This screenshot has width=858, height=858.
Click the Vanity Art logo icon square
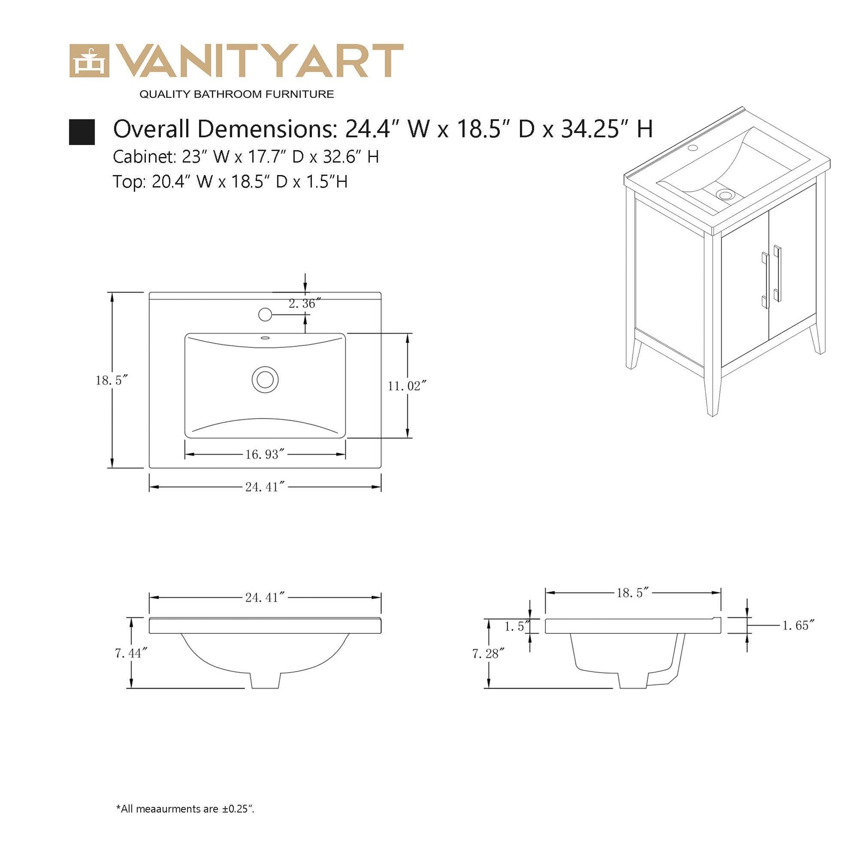coord(89,61)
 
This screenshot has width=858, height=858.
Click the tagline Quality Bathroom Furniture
coord(237,94)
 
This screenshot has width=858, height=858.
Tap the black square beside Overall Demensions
coord(82,132)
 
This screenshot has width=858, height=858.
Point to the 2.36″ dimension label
coord(304,303)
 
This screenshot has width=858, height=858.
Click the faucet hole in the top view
coord(264,314)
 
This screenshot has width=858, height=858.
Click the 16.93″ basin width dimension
coord(264,454)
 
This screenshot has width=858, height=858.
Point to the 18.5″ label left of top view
coord(112,380)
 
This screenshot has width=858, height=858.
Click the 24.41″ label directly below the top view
coord(264,487)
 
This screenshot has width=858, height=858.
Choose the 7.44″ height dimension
coord(131,653)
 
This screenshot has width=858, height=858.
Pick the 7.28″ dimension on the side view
coord(489,653)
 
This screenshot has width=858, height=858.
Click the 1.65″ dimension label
coord(798,625)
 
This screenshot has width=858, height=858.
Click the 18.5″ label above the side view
coord(633,593)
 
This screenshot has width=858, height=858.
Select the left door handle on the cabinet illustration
coord(765,280)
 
